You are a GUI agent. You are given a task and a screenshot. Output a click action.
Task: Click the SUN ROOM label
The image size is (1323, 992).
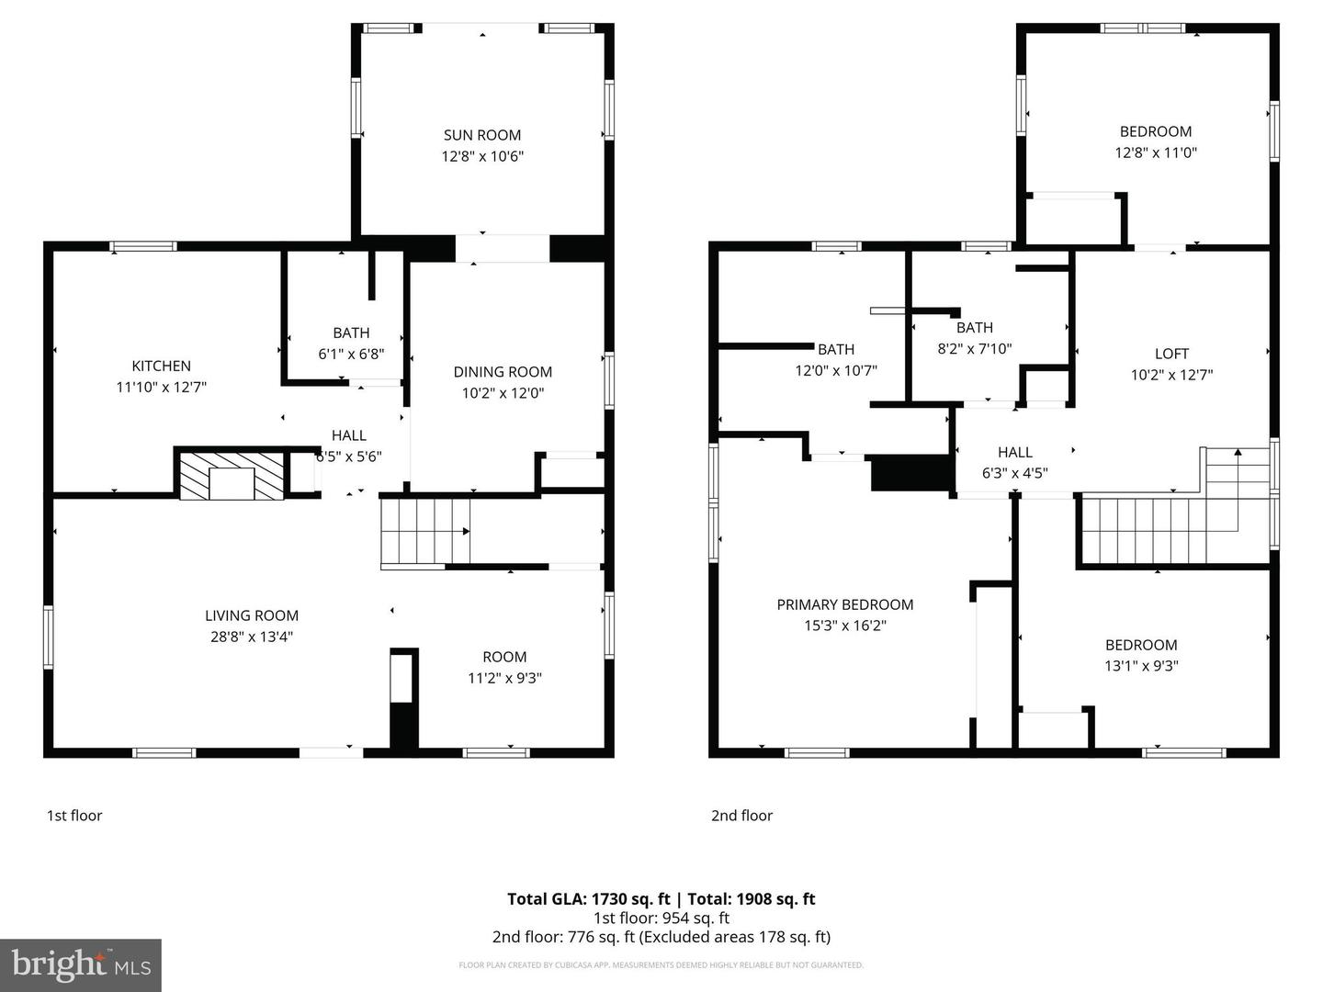482,135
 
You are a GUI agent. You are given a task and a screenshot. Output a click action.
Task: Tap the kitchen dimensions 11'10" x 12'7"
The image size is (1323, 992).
161,388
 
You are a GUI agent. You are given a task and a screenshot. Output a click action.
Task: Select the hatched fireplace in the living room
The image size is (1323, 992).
232,476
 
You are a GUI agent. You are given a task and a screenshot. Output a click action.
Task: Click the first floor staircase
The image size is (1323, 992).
424,532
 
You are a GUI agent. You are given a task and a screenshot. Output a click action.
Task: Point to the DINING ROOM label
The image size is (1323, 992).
503,372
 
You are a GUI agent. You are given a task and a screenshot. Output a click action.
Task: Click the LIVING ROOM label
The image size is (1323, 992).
252,615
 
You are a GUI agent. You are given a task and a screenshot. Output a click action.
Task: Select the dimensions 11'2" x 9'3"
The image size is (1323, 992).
504,678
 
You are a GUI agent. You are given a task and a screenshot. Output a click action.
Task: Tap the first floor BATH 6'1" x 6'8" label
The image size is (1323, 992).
351,333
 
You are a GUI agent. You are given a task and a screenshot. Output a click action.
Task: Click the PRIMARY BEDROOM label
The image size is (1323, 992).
845,604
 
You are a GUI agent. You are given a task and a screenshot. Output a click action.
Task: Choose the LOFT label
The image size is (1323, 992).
1171,354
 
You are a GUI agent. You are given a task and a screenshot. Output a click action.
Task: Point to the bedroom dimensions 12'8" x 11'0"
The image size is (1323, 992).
1156,152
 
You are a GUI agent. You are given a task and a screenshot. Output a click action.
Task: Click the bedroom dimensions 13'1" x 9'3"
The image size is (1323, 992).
1141,666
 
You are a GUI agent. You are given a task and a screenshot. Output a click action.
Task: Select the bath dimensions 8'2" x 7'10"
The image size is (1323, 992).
974,349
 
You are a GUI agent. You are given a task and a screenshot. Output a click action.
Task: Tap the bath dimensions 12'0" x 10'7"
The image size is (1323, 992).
836,370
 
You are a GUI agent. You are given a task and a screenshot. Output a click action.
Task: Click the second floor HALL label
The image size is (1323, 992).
1015,452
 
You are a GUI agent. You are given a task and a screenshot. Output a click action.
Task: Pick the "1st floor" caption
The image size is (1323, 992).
74,816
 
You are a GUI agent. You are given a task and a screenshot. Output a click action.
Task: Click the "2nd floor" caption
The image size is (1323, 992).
741,816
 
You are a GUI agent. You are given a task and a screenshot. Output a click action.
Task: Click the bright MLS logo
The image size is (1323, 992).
81,964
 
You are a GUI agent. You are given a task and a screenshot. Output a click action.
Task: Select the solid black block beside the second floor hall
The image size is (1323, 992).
909,472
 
